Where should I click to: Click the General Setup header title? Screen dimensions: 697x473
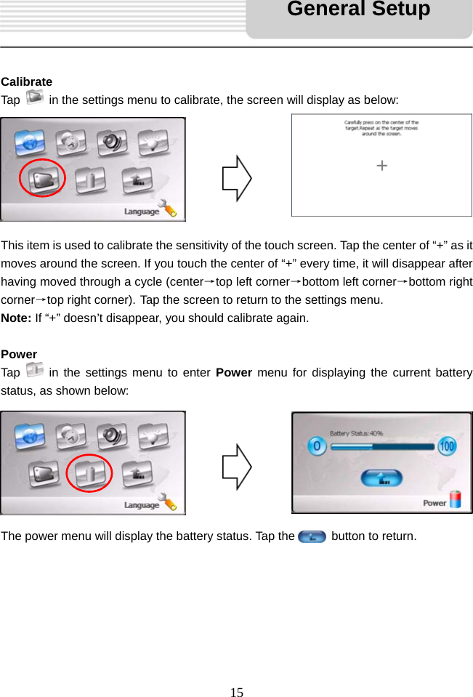[x=358, y=9]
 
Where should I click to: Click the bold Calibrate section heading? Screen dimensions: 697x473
[x=26, y=81]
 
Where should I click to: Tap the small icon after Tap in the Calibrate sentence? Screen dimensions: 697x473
[x=34, y=97]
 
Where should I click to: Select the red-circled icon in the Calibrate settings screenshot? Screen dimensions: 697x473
[x=42, y=178]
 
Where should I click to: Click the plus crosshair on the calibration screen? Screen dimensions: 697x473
[x=381, y=166]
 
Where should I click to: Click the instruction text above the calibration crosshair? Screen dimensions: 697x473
[x=381, y=128]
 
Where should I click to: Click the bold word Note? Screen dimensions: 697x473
[x=17, y=318]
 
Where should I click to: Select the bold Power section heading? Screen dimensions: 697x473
[x=19, y=354]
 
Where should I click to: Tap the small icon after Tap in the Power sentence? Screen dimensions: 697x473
[x=34, y=371]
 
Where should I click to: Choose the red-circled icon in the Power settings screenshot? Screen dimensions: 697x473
[x=89, y=472]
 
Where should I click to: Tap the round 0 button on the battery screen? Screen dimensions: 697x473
[x=317, y=446]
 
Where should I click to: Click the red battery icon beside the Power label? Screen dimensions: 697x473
[x=456, y=500]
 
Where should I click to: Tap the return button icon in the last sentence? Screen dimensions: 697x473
[x=312, y=536]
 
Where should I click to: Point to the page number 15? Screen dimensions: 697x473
[x=237, y=691]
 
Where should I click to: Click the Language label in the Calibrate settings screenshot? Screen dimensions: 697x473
[x=141, y=211]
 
